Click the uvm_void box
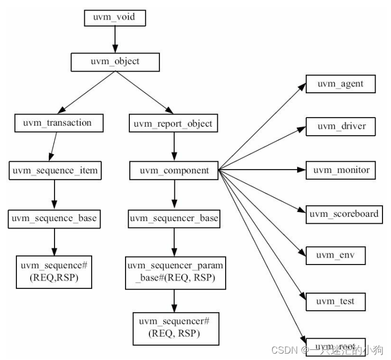[113, 17]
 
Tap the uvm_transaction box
[57, 123]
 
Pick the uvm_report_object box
[173, 124]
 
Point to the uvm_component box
[174, 171]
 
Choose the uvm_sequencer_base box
[174, 218]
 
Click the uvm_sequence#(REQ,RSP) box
[54, 271]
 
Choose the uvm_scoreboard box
[344, 214]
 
